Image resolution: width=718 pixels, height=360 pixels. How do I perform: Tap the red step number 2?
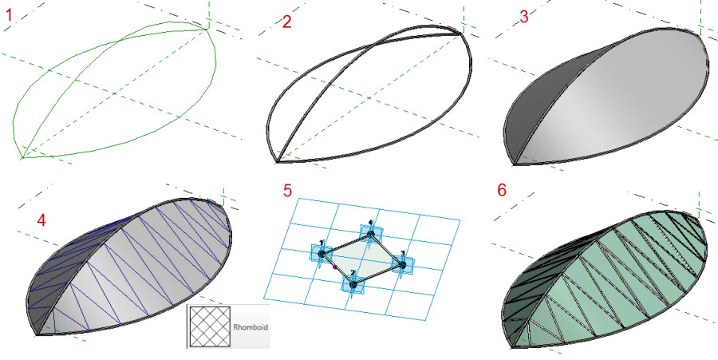(286, 22)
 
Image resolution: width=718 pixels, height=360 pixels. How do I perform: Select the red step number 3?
(524, 17)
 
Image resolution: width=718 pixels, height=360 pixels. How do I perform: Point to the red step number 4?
(41, 220)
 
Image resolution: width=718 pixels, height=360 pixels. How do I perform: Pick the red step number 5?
(287, 190)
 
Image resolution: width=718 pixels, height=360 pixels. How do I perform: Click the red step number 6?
(502, 190)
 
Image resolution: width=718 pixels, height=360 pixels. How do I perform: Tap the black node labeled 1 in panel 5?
(322, 253)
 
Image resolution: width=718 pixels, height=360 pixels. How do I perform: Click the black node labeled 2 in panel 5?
(353, 284)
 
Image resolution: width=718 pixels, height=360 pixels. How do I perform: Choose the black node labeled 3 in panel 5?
(402, 264)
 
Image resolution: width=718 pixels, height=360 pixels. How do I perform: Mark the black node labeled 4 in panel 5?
(371, 235)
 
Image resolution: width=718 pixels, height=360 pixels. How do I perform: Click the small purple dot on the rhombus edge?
(335, 266)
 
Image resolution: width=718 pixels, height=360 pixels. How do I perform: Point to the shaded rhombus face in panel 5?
(361, 259)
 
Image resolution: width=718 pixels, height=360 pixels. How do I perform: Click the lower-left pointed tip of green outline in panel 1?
(22, 159)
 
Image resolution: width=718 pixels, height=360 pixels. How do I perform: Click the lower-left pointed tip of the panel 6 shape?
(512, 346)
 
